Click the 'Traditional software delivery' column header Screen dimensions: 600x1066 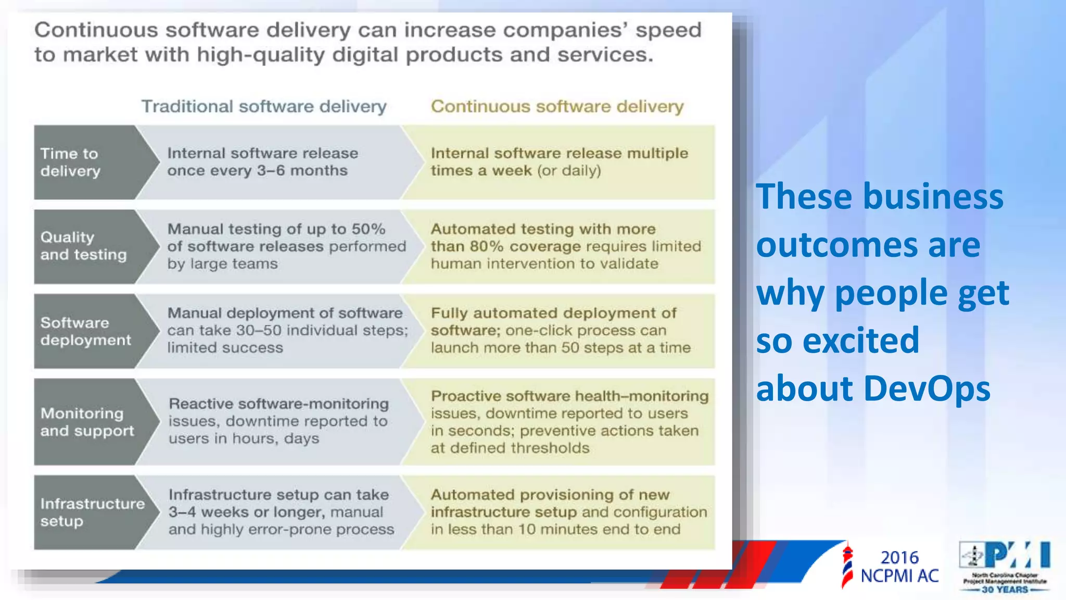coord(264,106)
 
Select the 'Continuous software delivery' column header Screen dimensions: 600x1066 coord(557,106)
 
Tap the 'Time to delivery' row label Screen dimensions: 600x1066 coord(70,162)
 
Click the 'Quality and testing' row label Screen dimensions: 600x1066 coord(83,246)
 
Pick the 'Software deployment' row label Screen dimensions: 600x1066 coord(85,331)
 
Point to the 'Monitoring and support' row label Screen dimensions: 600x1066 coord(87,422)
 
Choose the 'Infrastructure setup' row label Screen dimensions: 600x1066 coord(92,512)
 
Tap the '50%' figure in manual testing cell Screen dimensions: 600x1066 coord(368,229)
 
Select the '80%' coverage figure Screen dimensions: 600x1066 coord(486,246)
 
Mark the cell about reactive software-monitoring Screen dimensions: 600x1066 coord(278,421)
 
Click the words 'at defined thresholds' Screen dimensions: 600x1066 coord(510,448)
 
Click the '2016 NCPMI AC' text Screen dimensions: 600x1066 coord(899,567)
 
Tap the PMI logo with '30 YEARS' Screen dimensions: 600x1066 coord(1004,567)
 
